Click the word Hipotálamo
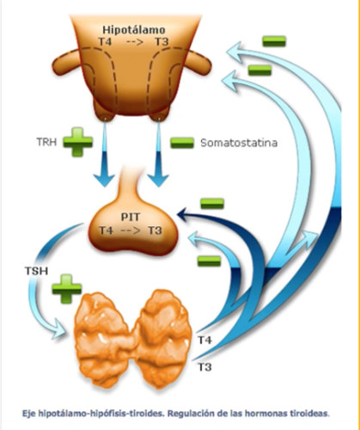pyautogui.click(x=134, y=30)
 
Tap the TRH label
pyautogui.click(x=46, y=142)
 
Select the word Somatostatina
pyautogui.click(x=239, y=143)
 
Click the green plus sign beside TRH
pyautogui.click(x=77, y=142)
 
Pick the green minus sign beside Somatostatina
pyautogui.click(x=182, y=143)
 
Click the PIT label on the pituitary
pyautogui.click(x=131, y=217)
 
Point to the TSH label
pyautogui.click(x=36, y=271)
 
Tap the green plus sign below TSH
pyautogui.click(x=67, y=289)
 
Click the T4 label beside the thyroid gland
pyautogui.click(x=205, y=340)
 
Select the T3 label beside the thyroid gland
pyautogui.click(x=205, y=367)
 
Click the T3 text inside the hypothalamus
pyautogui.click(x=162, y=42)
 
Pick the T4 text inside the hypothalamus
pyautogui.click(x=106, y=42)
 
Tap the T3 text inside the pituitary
pyautogui.click(x=156, y=230)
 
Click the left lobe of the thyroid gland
pyautogui.click(x=105, y=340)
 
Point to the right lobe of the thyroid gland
pyautogui.click(x=163, y=338)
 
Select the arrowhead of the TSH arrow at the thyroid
pyautogui.click(x=61, y=329)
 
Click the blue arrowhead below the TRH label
pyautogui.click(x=104, y=179)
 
